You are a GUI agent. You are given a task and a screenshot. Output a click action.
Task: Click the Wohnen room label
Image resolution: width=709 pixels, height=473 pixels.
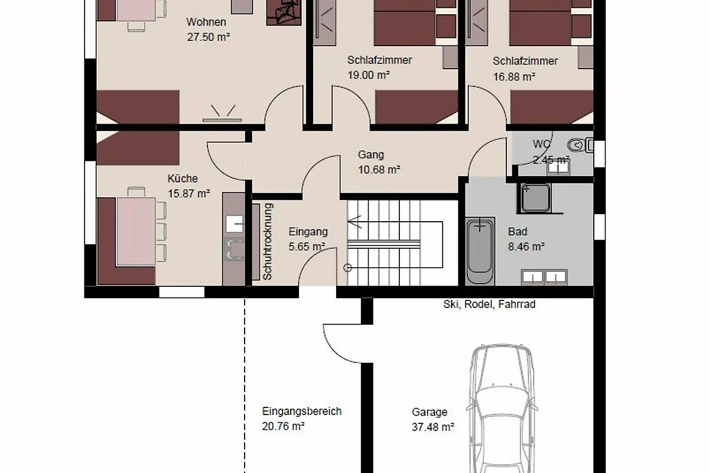click(x=206, y=22)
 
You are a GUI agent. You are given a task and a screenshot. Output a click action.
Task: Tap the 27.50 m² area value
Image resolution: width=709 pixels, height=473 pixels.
click(x=208, y=37)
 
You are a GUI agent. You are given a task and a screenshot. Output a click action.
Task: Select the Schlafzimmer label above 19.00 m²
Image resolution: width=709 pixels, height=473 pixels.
click(x=379, y=60)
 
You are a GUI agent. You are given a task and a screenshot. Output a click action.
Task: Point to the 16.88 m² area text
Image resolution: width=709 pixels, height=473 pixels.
click(x=514, y=77)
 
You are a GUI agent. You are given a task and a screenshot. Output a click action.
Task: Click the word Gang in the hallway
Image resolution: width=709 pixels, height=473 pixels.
click(x=370, y=155)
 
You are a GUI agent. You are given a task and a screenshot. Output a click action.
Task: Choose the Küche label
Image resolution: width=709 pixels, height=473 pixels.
click(x=183, y=179)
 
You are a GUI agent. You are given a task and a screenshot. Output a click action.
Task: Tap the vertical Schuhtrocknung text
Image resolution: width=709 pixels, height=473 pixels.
click(x=268, y=242)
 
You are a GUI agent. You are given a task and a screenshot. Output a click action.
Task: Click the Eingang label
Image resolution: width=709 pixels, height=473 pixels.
click(x=308, y=232)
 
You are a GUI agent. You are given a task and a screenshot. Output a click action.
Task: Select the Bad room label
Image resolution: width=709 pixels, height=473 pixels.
click(x=518, y=232)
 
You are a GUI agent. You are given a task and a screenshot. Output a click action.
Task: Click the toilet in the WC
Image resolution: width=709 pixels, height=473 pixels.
click(x=580, y=145)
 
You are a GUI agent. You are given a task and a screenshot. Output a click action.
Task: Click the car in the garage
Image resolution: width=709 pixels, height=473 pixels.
click(x=502, y=409)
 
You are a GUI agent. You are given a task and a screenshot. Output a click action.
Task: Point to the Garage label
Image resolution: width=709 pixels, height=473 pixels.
click(x=429, y=412)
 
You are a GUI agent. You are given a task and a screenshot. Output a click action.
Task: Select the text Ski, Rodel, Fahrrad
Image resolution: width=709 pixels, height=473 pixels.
click(x=489, y=304)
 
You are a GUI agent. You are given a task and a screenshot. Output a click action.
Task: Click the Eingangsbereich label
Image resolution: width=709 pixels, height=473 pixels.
click(x=302, y=412)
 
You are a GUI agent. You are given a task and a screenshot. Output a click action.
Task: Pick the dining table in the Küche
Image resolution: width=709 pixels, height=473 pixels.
click(x=136, y=231)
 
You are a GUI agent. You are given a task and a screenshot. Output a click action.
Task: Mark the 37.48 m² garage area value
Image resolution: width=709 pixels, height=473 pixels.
click(x=432, y=427)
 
